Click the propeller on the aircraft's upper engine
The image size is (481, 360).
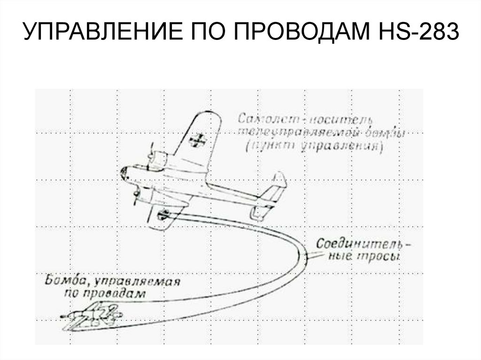click(x=150, y=157)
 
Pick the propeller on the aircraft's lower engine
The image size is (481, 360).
click(x=136, y=195)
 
